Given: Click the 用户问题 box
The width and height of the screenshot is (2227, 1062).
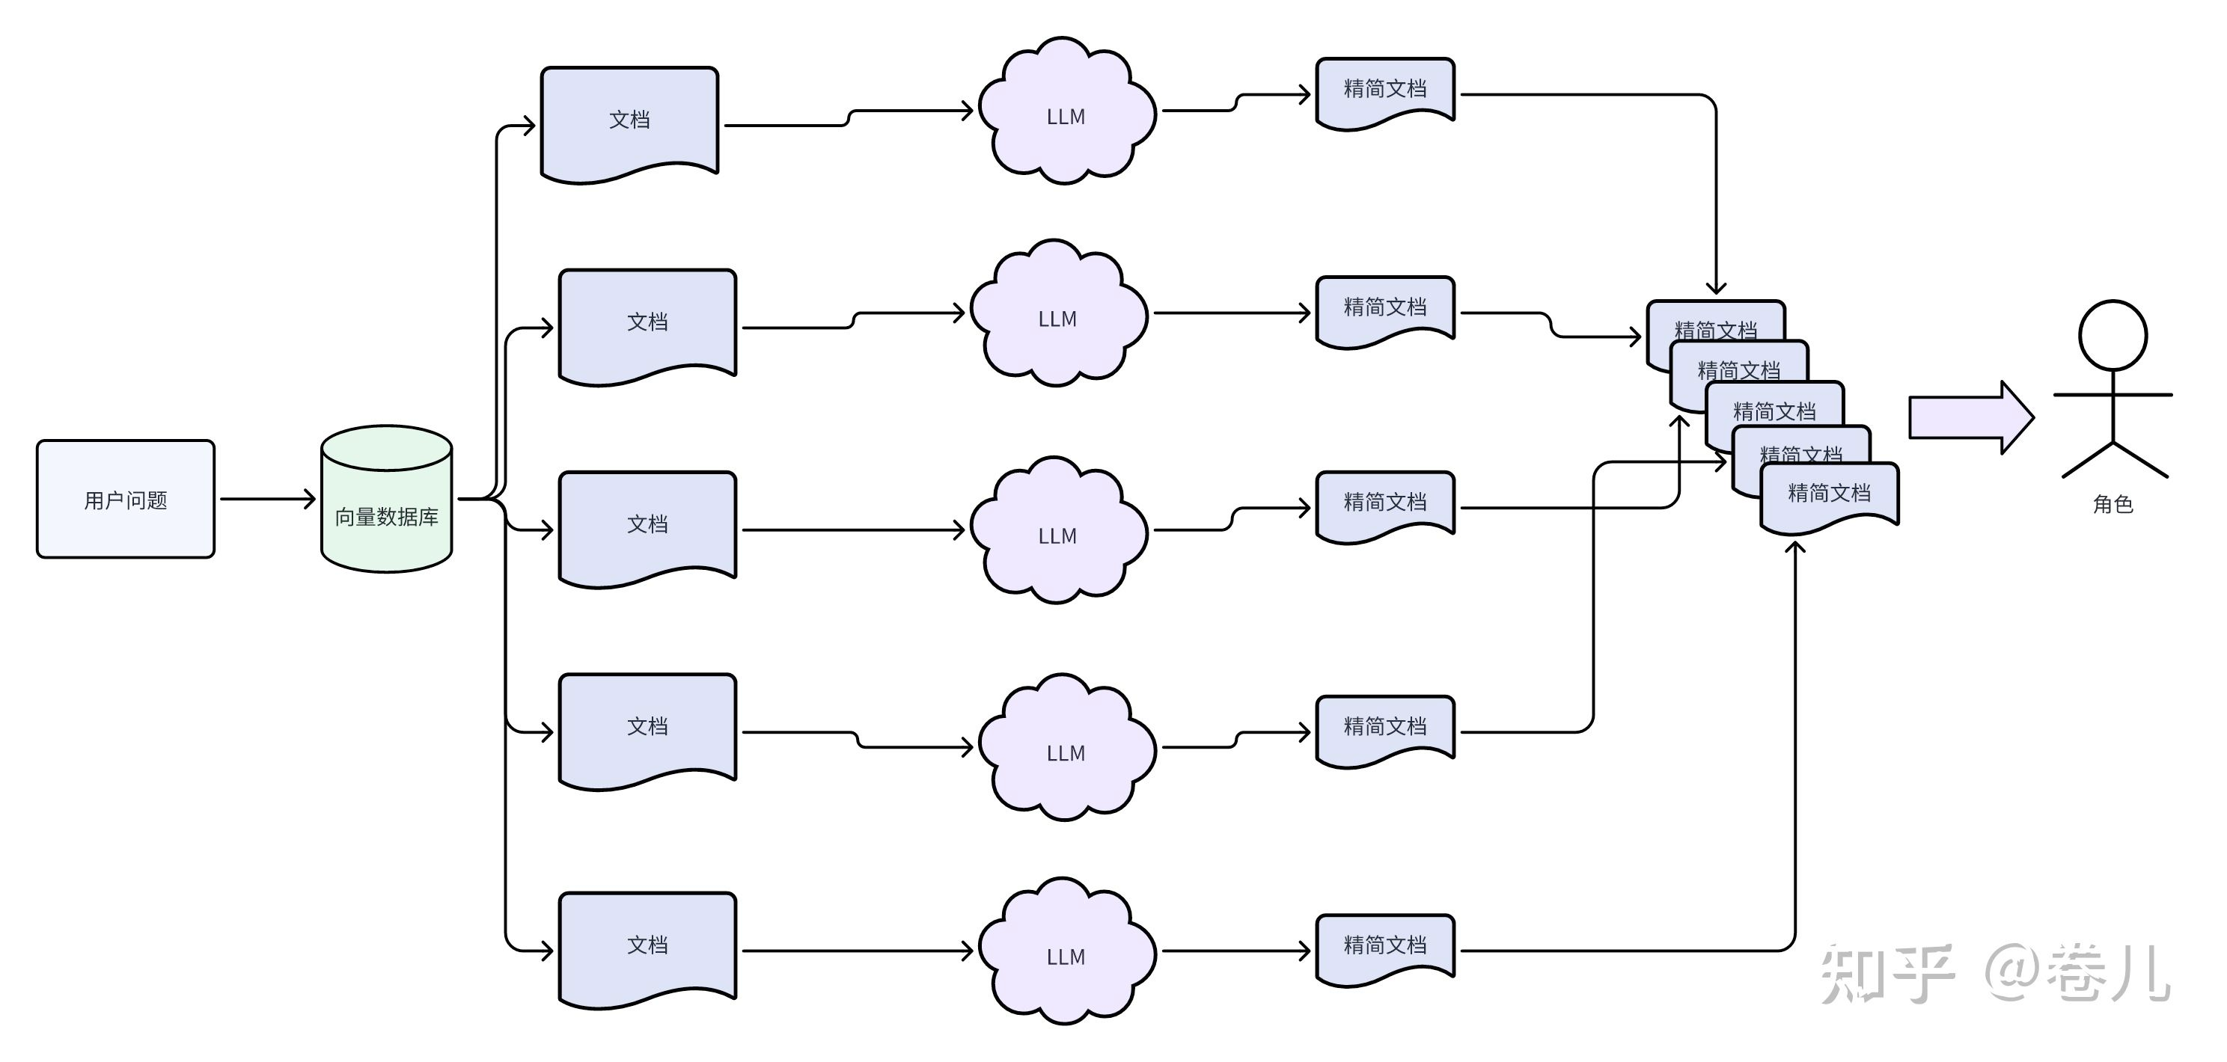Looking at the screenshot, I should (126, 500).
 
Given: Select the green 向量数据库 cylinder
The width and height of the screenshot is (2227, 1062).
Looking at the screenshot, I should (386, 500).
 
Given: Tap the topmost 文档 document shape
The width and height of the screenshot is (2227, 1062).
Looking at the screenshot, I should (629, 121).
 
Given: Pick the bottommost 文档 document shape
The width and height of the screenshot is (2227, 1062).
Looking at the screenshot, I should (647, 947).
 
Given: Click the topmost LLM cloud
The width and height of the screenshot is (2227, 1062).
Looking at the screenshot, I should (1066, 114).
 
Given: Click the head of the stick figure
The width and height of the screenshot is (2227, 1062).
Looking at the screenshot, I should (2113, 335).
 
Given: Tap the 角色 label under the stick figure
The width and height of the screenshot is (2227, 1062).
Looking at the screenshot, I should (2113, 504).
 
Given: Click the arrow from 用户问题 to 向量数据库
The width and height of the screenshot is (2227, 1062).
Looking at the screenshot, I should (268, 499).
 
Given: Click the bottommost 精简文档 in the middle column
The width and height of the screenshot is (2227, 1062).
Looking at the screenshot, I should (1385, 947).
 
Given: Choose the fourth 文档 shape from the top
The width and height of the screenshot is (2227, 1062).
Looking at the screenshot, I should (647, 728).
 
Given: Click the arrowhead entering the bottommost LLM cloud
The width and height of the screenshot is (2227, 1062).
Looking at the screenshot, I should (968, 951).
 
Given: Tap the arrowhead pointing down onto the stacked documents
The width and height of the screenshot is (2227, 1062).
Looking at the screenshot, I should (1716, 289).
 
